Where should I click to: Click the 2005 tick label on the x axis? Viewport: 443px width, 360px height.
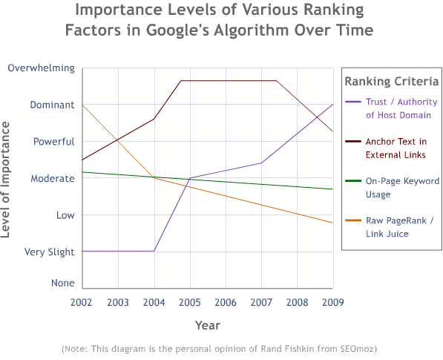pyautogui.click(x=190, y=302)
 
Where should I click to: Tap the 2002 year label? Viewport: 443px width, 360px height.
pyautogui.click(x=82, y=302)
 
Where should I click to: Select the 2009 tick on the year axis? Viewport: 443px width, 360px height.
pyautogui.click(x=333, y=302)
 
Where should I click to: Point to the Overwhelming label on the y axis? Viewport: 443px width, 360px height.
pyautogui.click(x=41, y=68)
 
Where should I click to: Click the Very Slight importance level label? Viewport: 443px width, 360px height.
pyautogui.click(x=50, y=252)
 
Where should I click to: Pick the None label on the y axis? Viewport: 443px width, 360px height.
pyautogui.click(x=62, y=283)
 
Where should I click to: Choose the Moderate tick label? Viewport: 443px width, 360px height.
pyautogui.click(x=52, y=178)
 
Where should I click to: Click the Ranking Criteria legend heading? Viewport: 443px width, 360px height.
pyautogui.click(x=392, y=81)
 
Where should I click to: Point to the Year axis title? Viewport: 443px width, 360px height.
pyautogui.click(x=207, y=325)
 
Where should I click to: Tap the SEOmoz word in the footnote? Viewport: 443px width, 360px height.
pyautogui.click(x=359, y=347)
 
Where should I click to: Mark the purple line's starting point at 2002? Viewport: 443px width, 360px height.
pyautogui.click(x=82, y=251)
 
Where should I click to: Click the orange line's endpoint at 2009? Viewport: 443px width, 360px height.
pyautogui.click(x=333, y=223)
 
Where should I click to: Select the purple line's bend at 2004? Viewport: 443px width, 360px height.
pyautogui.click(x=154, y=251)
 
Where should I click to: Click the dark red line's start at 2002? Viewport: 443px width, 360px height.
pyautogui.click(x=82, y=160)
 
